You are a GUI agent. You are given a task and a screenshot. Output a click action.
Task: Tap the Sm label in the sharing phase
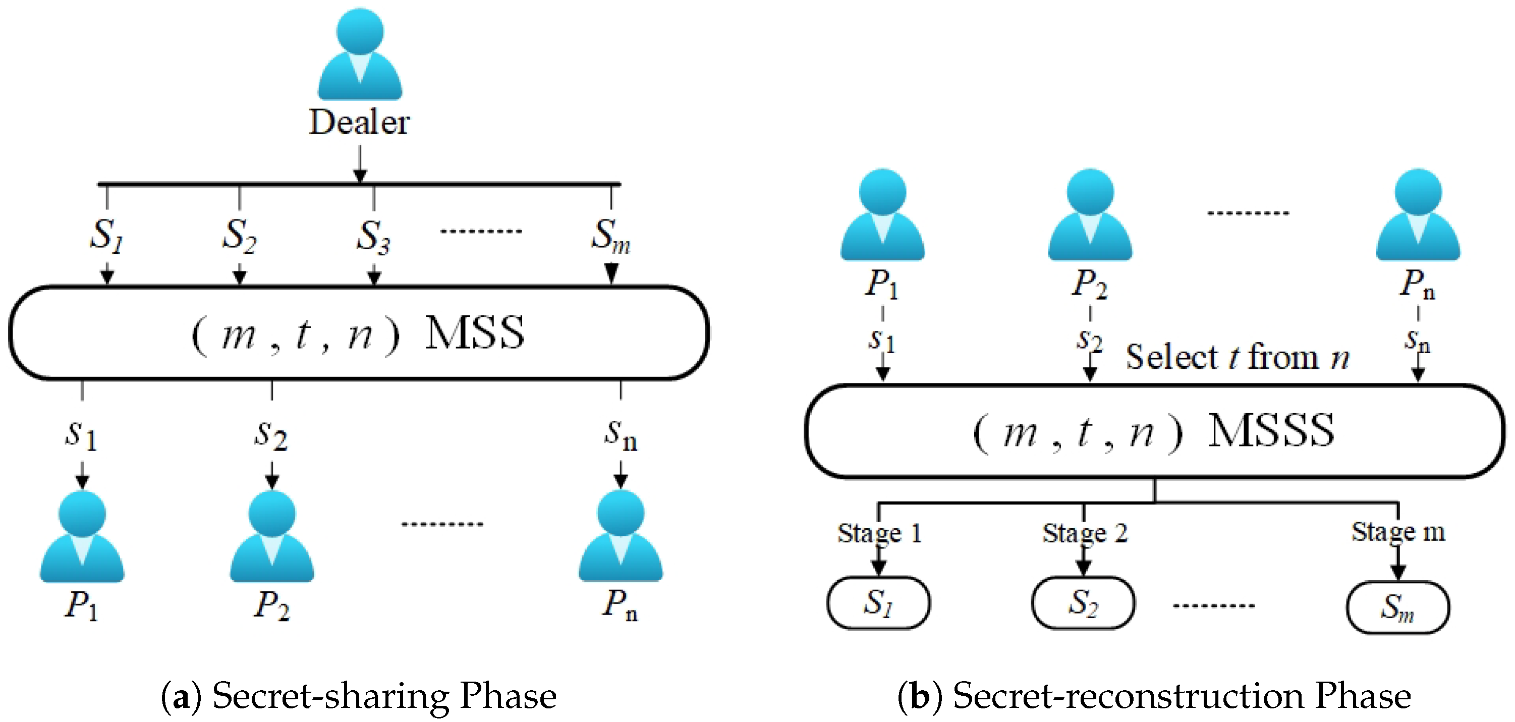pyautogui.click(x=610, y=236)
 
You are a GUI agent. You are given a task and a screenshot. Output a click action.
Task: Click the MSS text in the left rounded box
pyautogui.click(x=475, y=333)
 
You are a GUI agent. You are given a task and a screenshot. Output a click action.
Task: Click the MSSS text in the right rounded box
pyautogui.click(x=1271, y=431)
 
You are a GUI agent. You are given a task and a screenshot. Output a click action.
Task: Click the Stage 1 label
pyautogui.click(x=879, y=533)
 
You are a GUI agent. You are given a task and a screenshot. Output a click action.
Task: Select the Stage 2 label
pyautogui.click(x=1085, y=533)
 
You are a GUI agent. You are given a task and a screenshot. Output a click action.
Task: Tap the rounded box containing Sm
pyautogui.click(x=1397, y=607)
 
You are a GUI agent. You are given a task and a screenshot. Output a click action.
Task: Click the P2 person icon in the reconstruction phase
pyautogui.click(x=1090, y=215)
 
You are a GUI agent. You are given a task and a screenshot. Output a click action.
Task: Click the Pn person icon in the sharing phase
pyautogui.click(x=621, y=536)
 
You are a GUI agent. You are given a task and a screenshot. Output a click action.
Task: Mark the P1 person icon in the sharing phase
pyautogui.click(x=82, y=537)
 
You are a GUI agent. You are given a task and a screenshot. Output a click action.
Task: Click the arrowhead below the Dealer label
pyautogui.click(x=360, y=176)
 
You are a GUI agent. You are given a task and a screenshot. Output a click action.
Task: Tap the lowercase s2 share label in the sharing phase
pyautogui.click(x=270, y=435)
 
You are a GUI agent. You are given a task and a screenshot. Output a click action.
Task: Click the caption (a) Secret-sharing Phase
pyautogui.click(x=359, y=696)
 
